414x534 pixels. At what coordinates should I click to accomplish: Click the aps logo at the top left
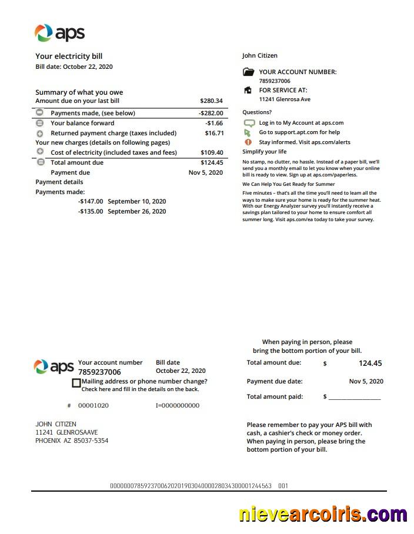pyautogui.click(x=59, y=33)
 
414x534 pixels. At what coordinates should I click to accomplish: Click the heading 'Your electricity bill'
pyautogui.click(x=69, y=56)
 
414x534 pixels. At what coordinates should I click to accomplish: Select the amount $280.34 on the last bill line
pyautogui.click(x=211, y=101)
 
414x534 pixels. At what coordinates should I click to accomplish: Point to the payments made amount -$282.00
pyautogui.click(x=211, y=113)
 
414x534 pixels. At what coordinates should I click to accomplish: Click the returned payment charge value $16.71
pyautogui.click(x=213, y=133)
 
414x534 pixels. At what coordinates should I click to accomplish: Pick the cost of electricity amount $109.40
pyautogui.click(x=212, y=153)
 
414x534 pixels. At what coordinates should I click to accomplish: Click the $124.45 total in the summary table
pyautogui.click(x=212, y=163)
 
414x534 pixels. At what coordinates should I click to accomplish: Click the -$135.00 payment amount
pyautogui.click(x=91, y=211)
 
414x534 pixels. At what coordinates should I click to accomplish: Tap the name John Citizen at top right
pyautogui.click(x=259, y=56)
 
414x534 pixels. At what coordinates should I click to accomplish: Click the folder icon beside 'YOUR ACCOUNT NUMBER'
pyautogui.click(x=248, y=72)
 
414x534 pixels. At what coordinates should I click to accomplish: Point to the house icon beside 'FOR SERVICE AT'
pyautogui.click(x=248, y=91)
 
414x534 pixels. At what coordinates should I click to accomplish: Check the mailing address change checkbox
pyautogui.click(x=76, y=383)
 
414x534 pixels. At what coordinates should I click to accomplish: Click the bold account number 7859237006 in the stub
pyautogui.click(x=99, y=372)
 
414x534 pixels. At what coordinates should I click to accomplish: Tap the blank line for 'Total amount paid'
pyautogui.click(x=354, y=398)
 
